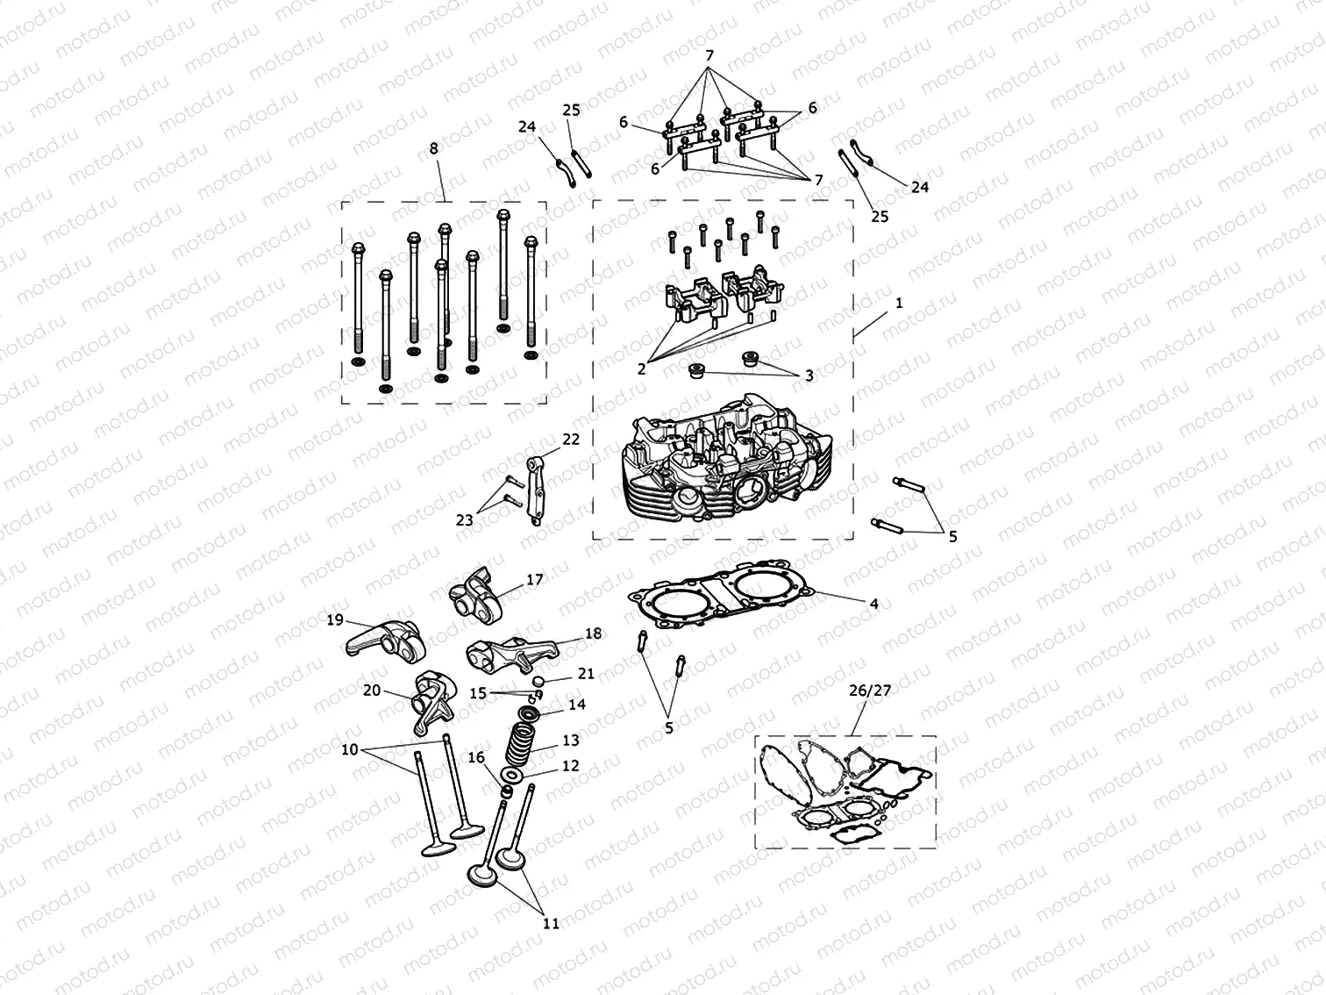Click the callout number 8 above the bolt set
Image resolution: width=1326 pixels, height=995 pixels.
click(433, 149)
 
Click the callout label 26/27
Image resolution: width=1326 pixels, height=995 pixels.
click(868, 691)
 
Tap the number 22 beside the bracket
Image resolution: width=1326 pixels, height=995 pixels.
click(571, 440)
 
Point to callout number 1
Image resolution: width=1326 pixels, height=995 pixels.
click(899, 303)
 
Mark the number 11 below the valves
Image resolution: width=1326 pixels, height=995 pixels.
click(551, 923)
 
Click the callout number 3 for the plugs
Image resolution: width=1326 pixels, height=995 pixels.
click(809, 375)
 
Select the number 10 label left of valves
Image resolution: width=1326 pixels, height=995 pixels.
click(350, 749)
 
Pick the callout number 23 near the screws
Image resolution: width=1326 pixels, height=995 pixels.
click(464, 520)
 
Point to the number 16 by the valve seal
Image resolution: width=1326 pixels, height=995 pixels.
click(475, 757)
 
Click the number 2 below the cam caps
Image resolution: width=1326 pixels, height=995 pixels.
click(642, 369)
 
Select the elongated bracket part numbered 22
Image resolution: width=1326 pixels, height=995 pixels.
click(536, 491)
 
